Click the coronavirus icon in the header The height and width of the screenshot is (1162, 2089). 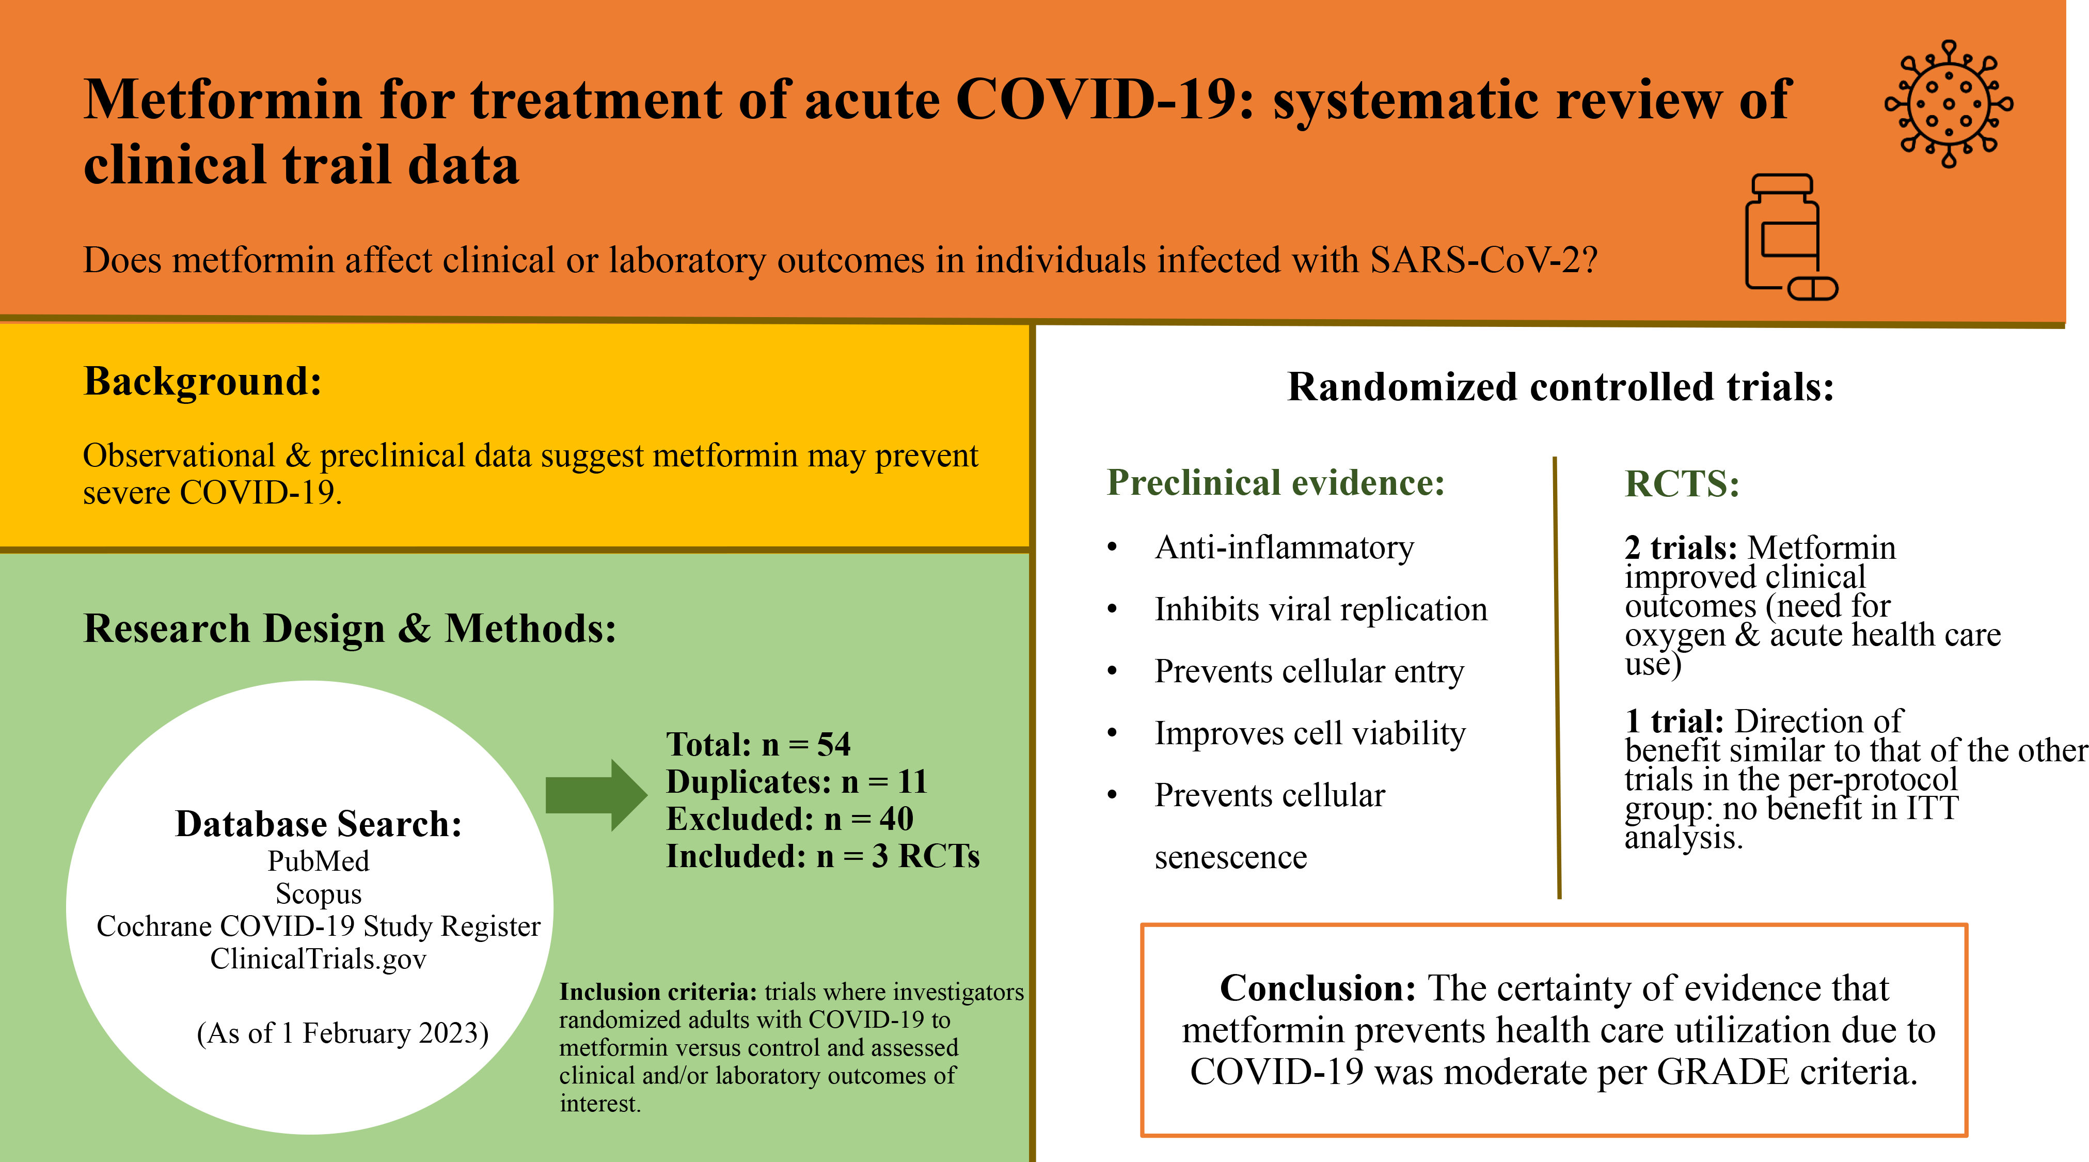(1948, 104)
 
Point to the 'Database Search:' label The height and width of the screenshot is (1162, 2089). (319, 824)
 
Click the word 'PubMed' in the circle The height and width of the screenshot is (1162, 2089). (319, 861)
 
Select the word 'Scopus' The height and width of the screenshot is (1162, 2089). (319, 893)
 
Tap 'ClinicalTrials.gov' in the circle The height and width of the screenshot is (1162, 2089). (319, 959)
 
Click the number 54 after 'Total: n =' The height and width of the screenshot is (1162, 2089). (834, 744)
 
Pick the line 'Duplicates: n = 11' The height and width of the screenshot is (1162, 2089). (796, 782)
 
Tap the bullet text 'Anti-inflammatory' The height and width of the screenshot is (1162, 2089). (1285, 547)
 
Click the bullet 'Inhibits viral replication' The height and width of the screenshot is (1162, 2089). (1321, 610)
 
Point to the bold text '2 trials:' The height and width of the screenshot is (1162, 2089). (1680, 548)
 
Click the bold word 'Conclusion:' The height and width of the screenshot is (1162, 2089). (1318, 988)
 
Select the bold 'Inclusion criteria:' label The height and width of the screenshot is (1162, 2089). (658, 993)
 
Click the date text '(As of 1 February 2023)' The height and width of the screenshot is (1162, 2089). (342, 1034)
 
